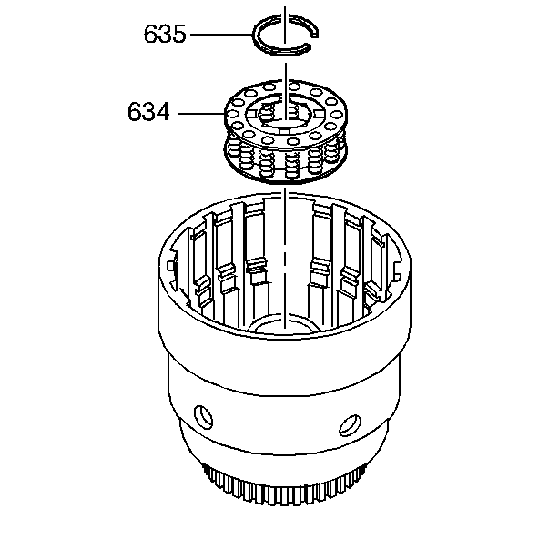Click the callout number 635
pos(165,35)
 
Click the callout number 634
pos(148,111)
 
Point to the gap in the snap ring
pos(313,40)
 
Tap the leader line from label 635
pos(221,35)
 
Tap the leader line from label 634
pos(201,114)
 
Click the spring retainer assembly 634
pos(286,131)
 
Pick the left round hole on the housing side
pos(203,416)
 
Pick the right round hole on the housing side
pos(350,425)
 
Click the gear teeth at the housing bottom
pos(285,484)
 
